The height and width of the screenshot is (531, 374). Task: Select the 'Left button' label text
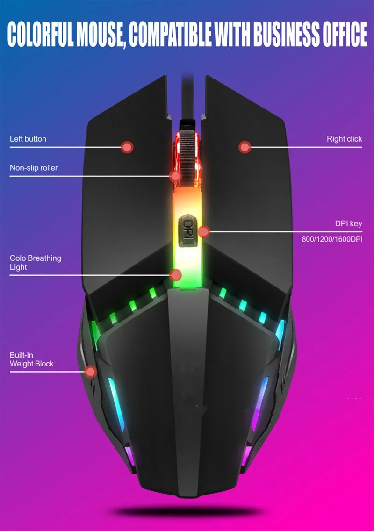[x=28, y=139]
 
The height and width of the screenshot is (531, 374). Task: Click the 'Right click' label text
[x=344, y=139]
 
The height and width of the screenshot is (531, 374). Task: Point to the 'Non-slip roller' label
[x=34, y=167]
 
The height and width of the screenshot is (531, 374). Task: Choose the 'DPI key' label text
[x=349, y=224]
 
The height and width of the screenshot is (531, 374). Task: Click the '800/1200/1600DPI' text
[x=332, y=239]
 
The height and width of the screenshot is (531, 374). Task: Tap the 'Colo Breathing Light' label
[x=35, y=263]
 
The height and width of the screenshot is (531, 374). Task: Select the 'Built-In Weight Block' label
[x=31, y=359]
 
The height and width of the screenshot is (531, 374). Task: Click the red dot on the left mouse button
[x=127, y=147]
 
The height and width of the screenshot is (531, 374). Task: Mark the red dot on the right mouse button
[x=245, y=147]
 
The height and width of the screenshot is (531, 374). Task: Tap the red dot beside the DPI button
[x=203, y=231]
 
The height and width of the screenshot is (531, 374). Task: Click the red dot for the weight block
[x=90, y=372]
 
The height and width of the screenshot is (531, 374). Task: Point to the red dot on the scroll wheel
[x=175, y=176]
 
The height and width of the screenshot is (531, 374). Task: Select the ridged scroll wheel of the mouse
[x=187, y=150]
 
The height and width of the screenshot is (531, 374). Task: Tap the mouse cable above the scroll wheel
[x=187, y=93]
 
